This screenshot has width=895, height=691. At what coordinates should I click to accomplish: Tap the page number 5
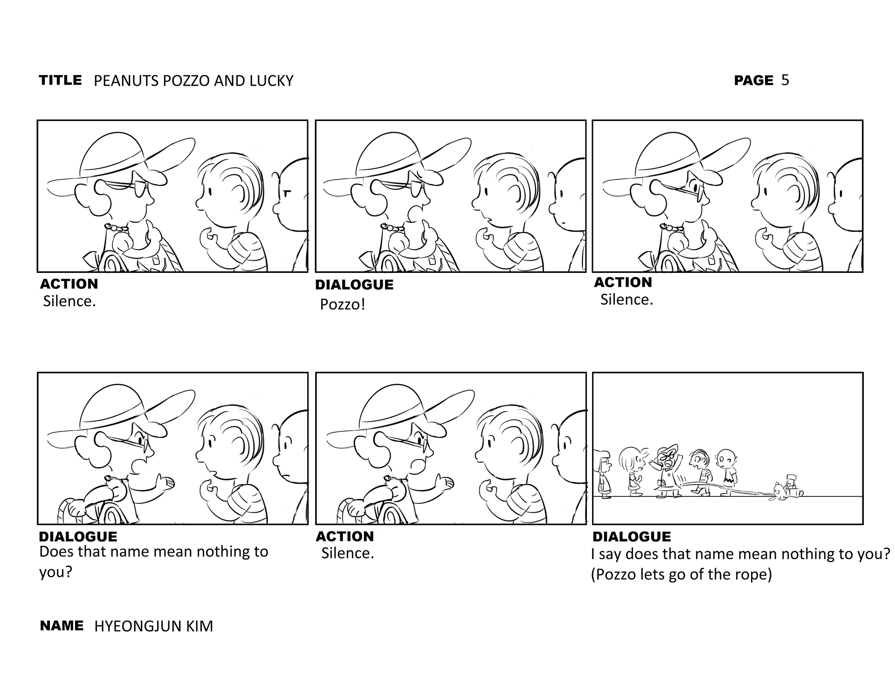[785, 80]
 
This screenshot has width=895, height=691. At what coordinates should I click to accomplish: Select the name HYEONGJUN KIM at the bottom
[153, 626]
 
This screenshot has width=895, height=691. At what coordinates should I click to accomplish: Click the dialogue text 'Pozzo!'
[343, 305]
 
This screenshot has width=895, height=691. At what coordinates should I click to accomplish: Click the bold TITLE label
[61, 80]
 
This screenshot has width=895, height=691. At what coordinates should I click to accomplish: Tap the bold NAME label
[62, 625]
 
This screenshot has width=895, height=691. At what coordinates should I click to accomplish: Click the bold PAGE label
[754, 80]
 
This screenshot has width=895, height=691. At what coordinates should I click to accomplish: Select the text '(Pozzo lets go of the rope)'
[682, 575]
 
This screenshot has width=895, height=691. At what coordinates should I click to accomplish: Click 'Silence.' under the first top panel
[69, 301]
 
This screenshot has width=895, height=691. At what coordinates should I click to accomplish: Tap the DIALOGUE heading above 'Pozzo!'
[354, 285]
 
